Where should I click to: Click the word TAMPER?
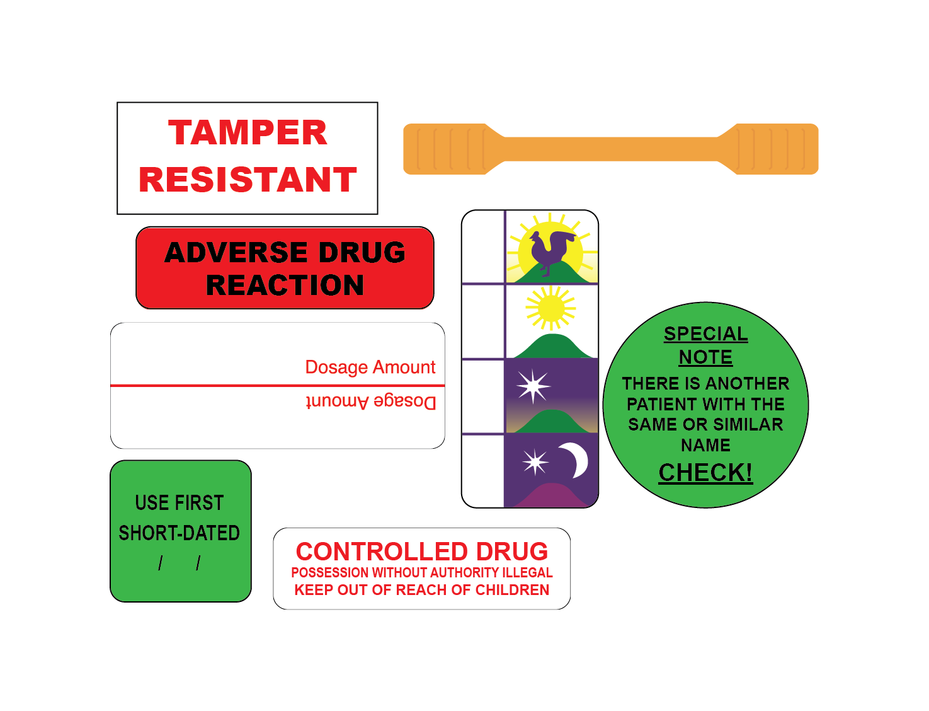248,133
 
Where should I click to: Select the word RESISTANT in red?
248,180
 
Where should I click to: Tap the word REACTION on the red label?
285,285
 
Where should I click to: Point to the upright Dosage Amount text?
370,367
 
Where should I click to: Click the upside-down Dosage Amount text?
370,402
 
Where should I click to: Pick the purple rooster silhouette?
550,251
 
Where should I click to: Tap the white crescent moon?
575,460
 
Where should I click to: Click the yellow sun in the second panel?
550,308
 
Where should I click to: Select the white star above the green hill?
533,386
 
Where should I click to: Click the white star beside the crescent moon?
535,462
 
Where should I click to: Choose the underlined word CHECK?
705,473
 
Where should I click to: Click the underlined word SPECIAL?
705,333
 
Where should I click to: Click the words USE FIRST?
180,503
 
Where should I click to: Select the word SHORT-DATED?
180,533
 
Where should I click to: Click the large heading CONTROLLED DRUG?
421,552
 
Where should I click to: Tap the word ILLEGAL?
527,572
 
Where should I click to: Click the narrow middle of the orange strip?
611,149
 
